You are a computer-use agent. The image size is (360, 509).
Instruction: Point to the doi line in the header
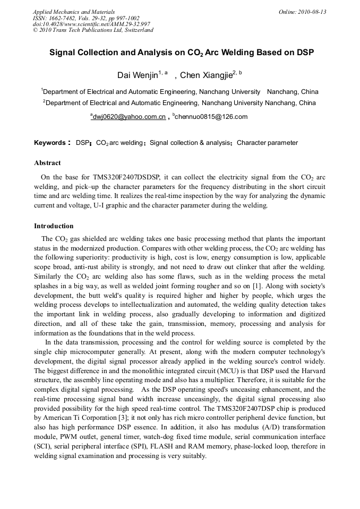[x=91, y=24]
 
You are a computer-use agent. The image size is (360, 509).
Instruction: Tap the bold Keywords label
[x=50, y=143]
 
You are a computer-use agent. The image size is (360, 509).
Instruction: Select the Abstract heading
[x=47, y=163]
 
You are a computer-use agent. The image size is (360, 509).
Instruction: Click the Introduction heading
[x=54, y=226]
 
